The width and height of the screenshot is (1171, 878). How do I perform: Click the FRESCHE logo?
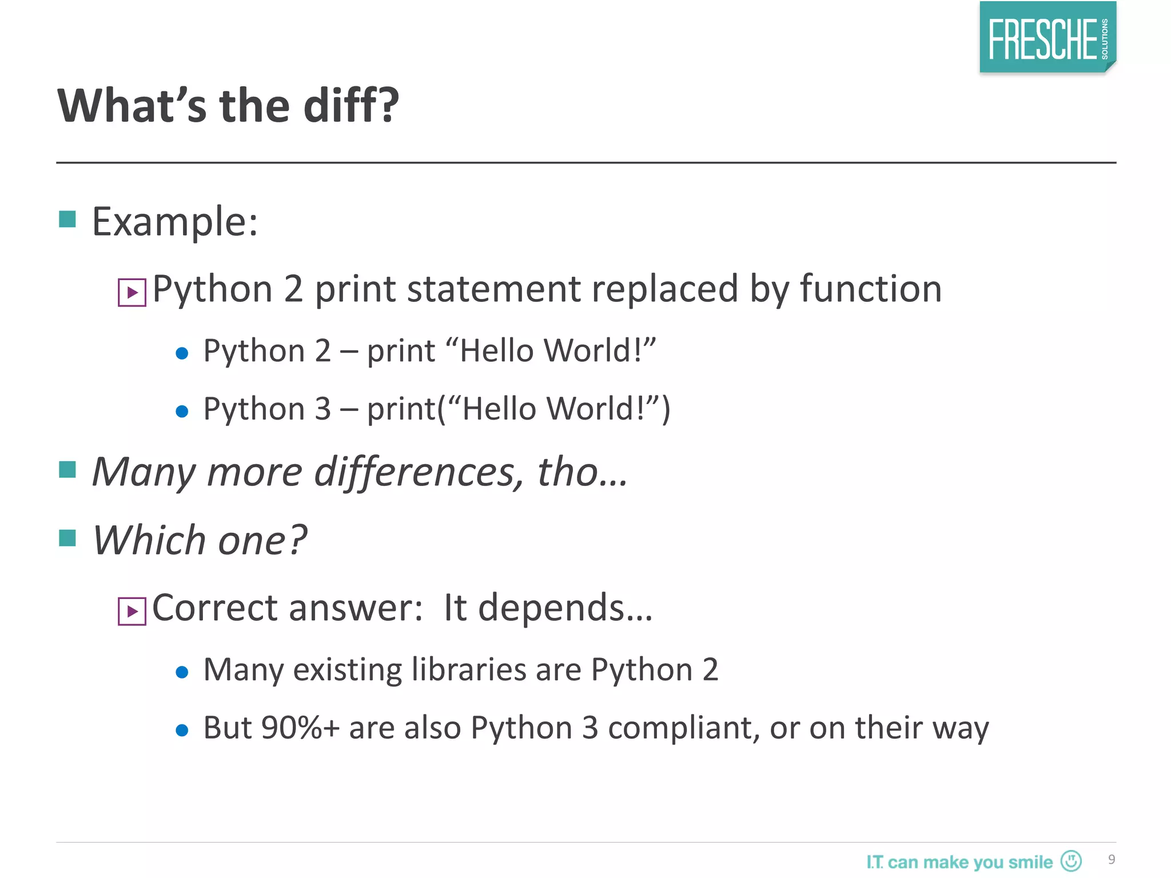point(1047,38)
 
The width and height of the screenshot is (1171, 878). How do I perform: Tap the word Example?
point(175,222)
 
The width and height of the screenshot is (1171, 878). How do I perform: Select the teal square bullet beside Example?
point(67,219)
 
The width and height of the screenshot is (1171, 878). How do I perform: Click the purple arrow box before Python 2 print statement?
point(132,293)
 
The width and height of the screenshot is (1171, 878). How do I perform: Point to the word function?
point(870,289)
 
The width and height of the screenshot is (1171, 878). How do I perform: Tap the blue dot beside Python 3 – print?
point(182,411)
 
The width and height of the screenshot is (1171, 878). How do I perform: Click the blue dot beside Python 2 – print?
point(182,353)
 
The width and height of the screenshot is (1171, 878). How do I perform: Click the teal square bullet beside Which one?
point(67,538)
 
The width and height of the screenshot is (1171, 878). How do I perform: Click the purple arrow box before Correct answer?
point(132,612)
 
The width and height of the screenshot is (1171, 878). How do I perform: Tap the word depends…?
point(565,608)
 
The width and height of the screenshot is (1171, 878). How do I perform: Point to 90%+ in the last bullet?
point(300,728)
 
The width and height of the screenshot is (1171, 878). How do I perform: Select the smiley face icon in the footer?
point(1071,860)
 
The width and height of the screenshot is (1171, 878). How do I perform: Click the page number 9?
point(1112,860)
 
